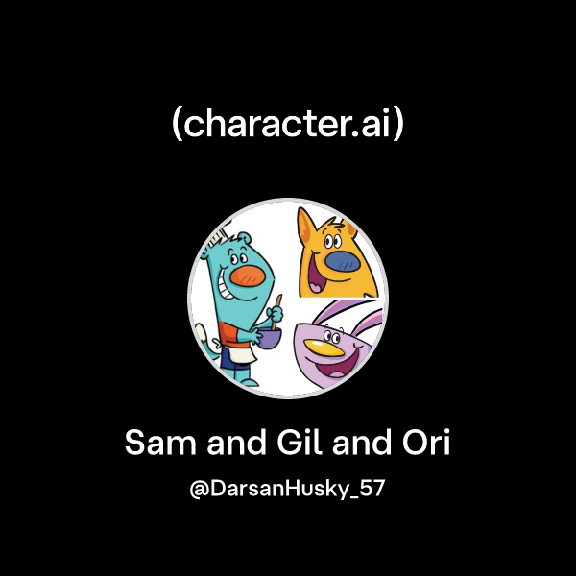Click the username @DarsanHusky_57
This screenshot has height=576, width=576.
288,489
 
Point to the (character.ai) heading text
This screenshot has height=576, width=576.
288,125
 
